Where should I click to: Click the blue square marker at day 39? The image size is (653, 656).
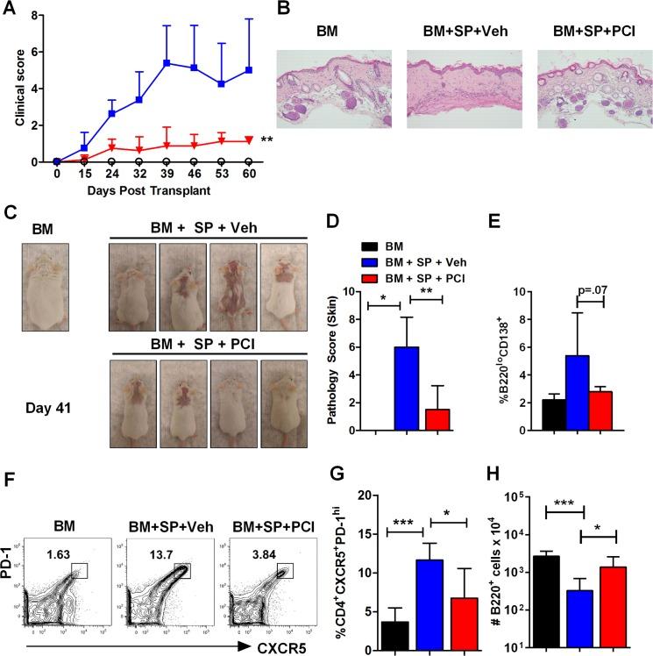click(x=138, y=62)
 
